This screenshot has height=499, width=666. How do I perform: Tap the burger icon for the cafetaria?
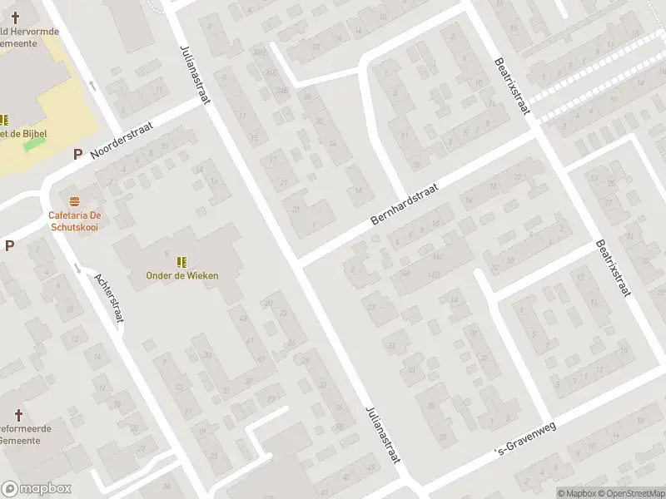click(x=75, y=201)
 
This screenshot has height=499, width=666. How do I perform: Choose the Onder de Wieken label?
click(x=181, y=275)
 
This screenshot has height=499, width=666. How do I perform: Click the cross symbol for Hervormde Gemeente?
click(x=14, y=17)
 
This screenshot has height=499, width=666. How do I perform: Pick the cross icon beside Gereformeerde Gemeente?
click(x=19, y=414)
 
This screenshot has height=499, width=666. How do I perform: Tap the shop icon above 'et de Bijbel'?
click(x=3, y=120)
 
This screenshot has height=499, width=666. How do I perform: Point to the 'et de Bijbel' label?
click(x=23, y=134)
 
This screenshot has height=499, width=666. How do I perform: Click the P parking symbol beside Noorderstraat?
click(x=77, y=154)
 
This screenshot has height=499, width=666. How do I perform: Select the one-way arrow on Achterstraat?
click(x=77, y=267)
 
